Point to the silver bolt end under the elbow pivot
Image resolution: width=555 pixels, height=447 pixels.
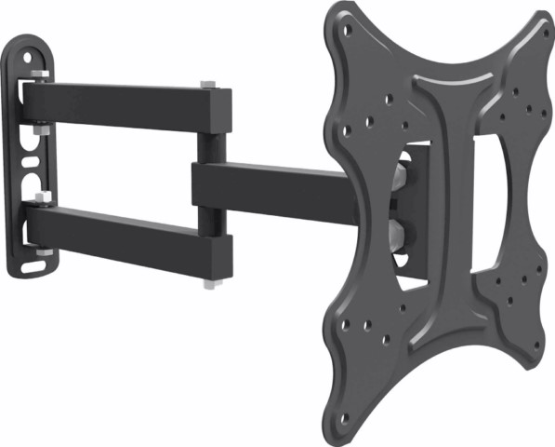(x=211, y=280)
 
